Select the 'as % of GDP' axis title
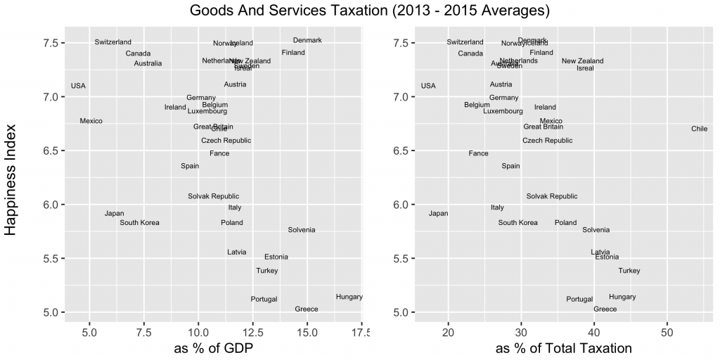tap(214, 348)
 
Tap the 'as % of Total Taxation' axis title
tap(564, 348)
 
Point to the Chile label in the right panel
tap(699, 129)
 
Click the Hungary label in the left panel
tap(349, 297)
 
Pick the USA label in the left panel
tap(78, 86)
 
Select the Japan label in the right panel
tap(438, 214)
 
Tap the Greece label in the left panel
tap(307, 309)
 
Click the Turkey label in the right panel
tap(629, 271)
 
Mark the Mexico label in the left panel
tap(91, 121)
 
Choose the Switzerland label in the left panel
tap(113, 42)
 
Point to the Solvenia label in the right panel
tap(596, 230)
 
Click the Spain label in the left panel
tap(190, 166)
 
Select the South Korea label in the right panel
tap(518, 223)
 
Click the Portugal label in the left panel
tap(264, 300)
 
